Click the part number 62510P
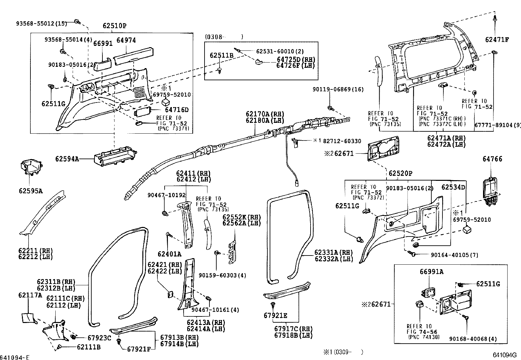115,26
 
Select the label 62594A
67,160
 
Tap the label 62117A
30,295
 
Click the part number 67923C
99,338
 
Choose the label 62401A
170,254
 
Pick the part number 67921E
276,315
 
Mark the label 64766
492,159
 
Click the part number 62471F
497,40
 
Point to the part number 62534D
453,187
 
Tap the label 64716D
177,110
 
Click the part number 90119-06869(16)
338,89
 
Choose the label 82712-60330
342,141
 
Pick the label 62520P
401,173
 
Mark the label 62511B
222,56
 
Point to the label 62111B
89,347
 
